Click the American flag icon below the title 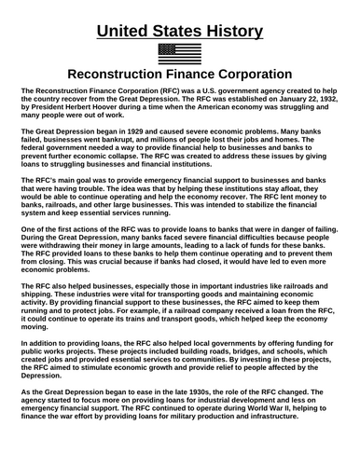pos(179,53)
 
